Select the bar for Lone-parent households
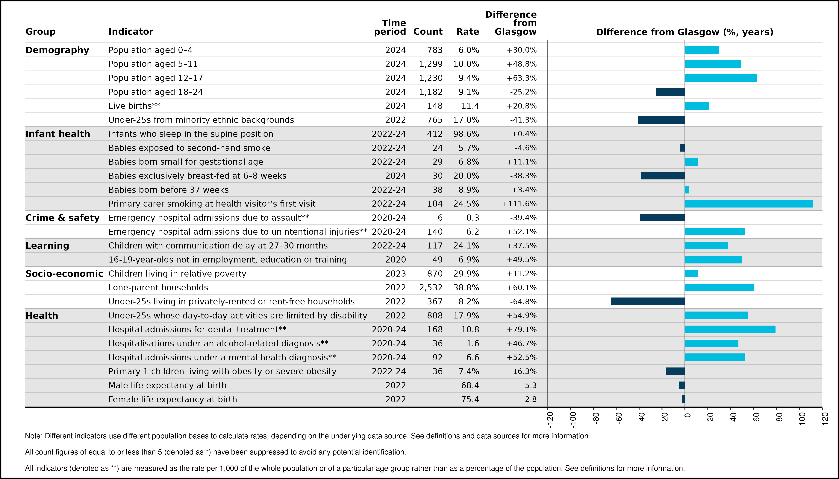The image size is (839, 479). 719,288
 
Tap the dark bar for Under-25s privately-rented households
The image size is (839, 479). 648,301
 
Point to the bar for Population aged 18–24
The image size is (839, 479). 670,92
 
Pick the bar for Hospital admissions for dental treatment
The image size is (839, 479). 730,329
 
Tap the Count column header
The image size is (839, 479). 428,32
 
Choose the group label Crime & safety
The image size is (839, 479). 63,218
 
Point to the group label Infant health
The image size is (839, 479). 58,134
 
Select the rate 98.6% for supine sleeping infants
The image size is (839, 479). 466,134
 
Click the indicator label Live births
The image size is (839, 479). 134,106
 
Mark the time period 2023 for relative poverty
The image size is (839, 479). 396,274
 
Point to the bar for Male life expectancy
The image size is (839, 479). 682,385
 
